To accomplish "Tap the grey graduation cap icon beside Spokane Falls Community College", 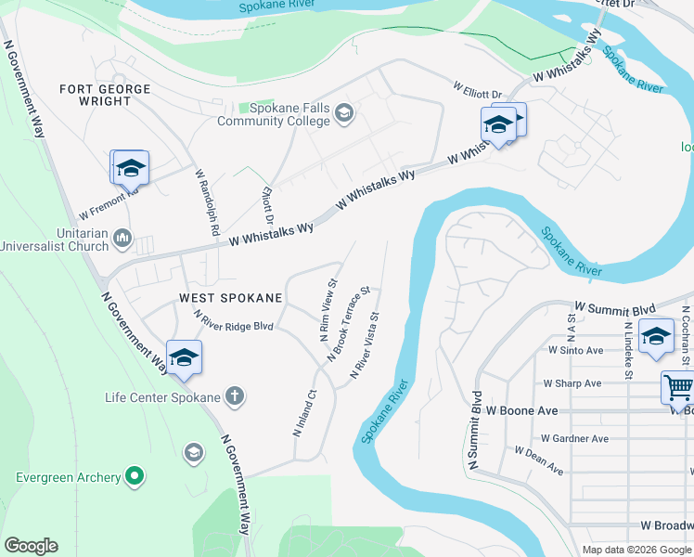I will point(345,113).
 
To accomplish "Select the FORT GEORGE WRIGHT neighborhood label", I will point(104,95).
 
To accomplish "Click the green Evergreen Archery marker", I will point(135,477).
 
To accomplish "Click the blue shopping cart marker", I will point(678,387).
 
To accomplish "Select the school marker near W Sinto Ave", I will point(656,337).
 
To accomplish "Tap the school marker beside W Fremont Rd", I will point(130,168).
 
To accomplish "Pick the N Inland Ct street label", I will point(304,413).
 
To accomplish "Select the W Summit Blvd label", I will point(615,308).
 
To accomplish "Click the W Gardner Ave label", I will point(575,439).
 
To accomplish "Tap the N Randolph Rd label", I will point(205,201).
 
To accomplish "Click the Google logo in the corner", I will point(31,546).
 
